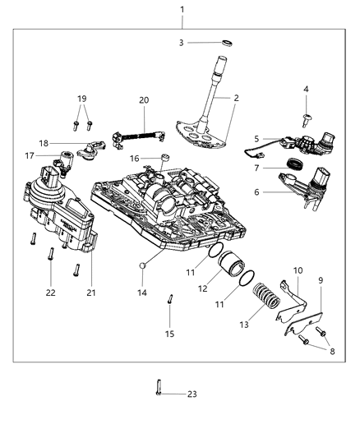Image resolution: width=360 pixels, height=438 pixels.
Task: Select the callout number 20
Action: pos(145,100)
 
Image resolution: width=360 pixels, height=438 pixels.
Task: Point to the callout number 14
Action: pos(141,292)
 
